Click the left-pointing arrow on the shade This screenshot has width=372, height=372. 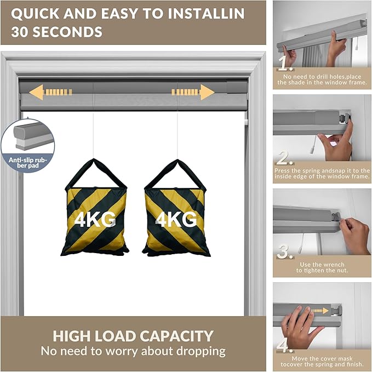[x=50, y=92]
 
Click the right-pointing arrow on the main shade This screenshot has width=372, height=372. [x=193, y=92]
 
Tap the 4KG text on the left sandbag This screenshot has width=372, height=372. [x=95, y=219]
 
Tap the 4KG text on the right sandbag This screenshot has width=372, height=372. [x=176, y=219]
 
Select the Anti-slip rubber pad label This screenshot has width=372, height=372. [x=28, y=163]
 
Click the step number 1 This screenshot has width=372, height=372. [x=285, y=64]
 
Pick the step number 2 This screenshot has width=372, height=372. [x=285, y=158]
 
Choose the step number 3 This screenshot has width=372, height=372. [x=285, y=251]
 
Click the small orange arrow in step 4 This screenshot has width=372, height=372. [x=320, y=311]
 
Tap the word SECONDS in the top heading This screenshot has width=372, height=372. [x=67, y=32]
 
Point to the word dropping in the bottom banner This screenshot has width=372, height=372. [x=201, y=352]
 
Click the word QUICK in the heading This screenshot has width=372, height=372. [x=35, y=13]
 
